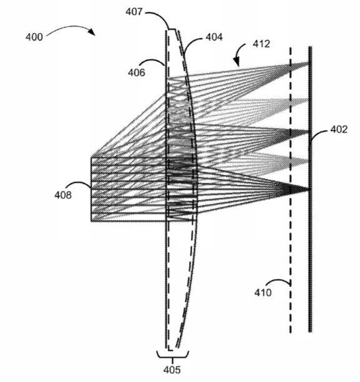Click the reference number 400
(x=34, y=37)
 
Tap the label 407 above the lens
(x=134, y=12)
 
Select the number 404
(x=214, y=37)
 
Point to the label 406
(x=137, y=72)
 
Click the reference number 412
(x=261, y=44)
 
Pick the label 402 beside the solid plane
(x=339, y=129)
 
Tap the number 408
(x=63, y=195)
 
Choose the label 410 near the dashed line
(x=263, y=293)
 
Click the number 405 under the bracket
(x=172, y=370)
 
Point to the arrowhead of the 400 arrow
(x=92, y=32)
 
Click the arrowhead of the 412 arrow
(x=236, y=62)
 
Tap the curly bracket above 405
(x=173, y=355)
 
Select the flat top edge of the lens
(x=172, y=29)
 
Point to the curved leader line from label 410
(x=278, y=280)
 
